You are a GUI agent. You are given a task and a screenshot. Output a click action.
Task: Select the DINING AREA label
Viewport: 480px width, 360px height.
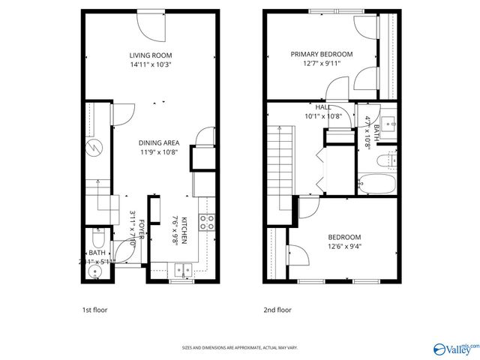[157, 142]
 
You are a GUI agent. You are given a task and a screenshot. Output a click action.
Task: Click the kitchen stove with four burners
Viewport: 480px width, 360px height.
[206, 221]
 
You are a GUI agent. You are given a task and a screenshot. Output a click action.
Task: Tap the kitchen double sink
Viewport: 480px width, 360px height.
[184, 271]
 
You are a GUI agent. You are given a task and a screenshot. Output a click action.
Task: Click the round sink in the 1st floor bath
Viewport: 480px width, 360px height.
[93, 271]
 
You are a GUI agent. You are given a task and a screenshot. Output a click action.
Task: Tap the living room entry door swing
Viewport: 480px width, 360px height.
[151, 28]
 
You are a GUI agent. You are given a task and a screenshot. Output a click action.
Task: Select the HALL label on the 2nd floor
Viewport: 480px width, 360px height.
[323, 107]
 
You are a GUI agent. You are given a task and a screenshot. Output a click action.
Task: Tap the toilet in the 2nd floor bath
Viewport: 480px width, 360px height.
[386, 159]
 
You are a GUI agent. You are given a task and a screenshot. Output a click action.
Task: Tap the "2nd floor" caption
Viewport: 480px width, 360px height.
[277, 310]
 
